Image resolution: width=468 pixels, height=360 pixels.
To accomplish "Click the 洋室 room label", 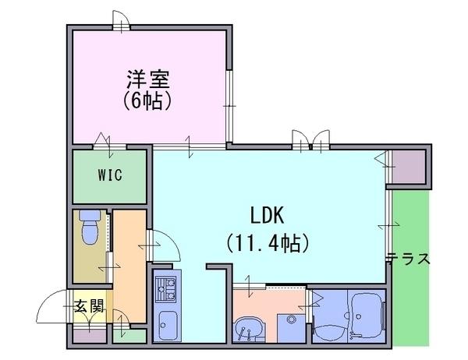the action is pos(148,79).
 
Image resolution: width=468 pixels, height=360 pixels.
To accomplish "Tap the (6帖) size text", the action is pos(147,101).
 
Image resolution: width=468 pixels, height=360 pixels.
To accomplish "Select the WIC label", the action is pos(110,175).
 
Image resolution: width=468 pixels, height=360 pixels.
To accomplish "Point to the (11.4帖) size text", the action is pos(268,243).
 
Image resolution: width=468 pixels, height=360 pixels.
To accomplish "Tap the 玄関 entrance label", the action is pos(89,305).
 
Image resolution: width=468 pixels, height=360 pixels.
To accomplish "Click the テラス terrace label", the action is pos(409,258).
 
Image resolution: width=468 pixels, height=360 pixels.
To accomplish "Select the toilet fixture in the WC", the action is pos(90,228).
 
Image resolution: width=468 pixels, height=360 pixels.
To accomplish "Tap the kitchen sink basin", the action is pos(168,325).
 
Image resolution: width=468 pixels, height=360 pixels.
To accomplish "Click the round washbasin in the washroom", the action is pos(248,330).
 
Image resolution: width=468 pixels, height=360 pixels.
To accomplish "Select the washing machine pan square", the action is pos(291,328).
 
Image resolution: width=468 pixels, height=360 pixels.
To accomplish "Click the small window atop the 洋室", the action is pos(122,21).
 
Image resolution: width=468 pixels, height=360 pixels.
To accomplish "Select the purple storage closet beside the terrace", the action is pos(408,167).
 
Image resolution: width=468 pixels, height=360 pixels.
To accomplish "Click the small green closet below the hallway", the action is pos(129,336).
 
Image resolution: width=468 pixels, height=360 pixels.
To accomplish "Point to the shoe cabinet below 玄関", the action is pos(90,336).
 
